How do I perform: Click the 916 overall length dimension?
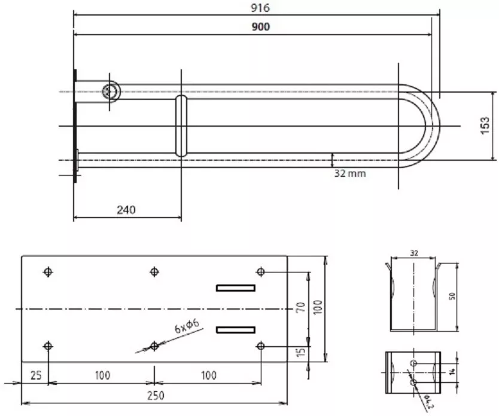260,8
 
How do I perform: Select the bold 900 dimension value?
261,27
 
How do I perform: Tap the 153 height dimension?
485,126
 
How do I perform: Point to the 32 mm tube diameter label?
350,173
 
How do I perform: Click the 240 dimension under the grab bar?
126,210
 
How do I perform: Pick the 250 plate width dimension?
156,396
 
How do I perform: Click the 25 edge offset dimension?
36,375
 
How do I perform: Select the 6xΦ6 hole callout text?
187,326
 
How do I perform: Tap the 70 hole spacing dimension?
301,307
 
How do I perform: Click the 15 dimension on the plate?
301,351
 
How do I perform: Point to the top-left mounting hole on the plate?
48,272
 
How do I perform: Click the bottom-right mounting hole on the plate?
261,345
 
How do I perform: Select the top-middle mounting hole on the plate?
154,272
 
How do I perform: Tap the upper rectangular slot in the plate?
236,288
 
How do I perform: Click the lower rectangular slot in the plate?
236,330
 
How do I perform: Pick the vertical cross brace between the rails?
181,126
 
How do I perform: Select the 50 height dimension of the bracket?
452,296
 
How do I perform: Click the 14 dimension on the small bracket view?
452,371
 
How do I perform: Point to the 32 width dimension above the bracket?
413,253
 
